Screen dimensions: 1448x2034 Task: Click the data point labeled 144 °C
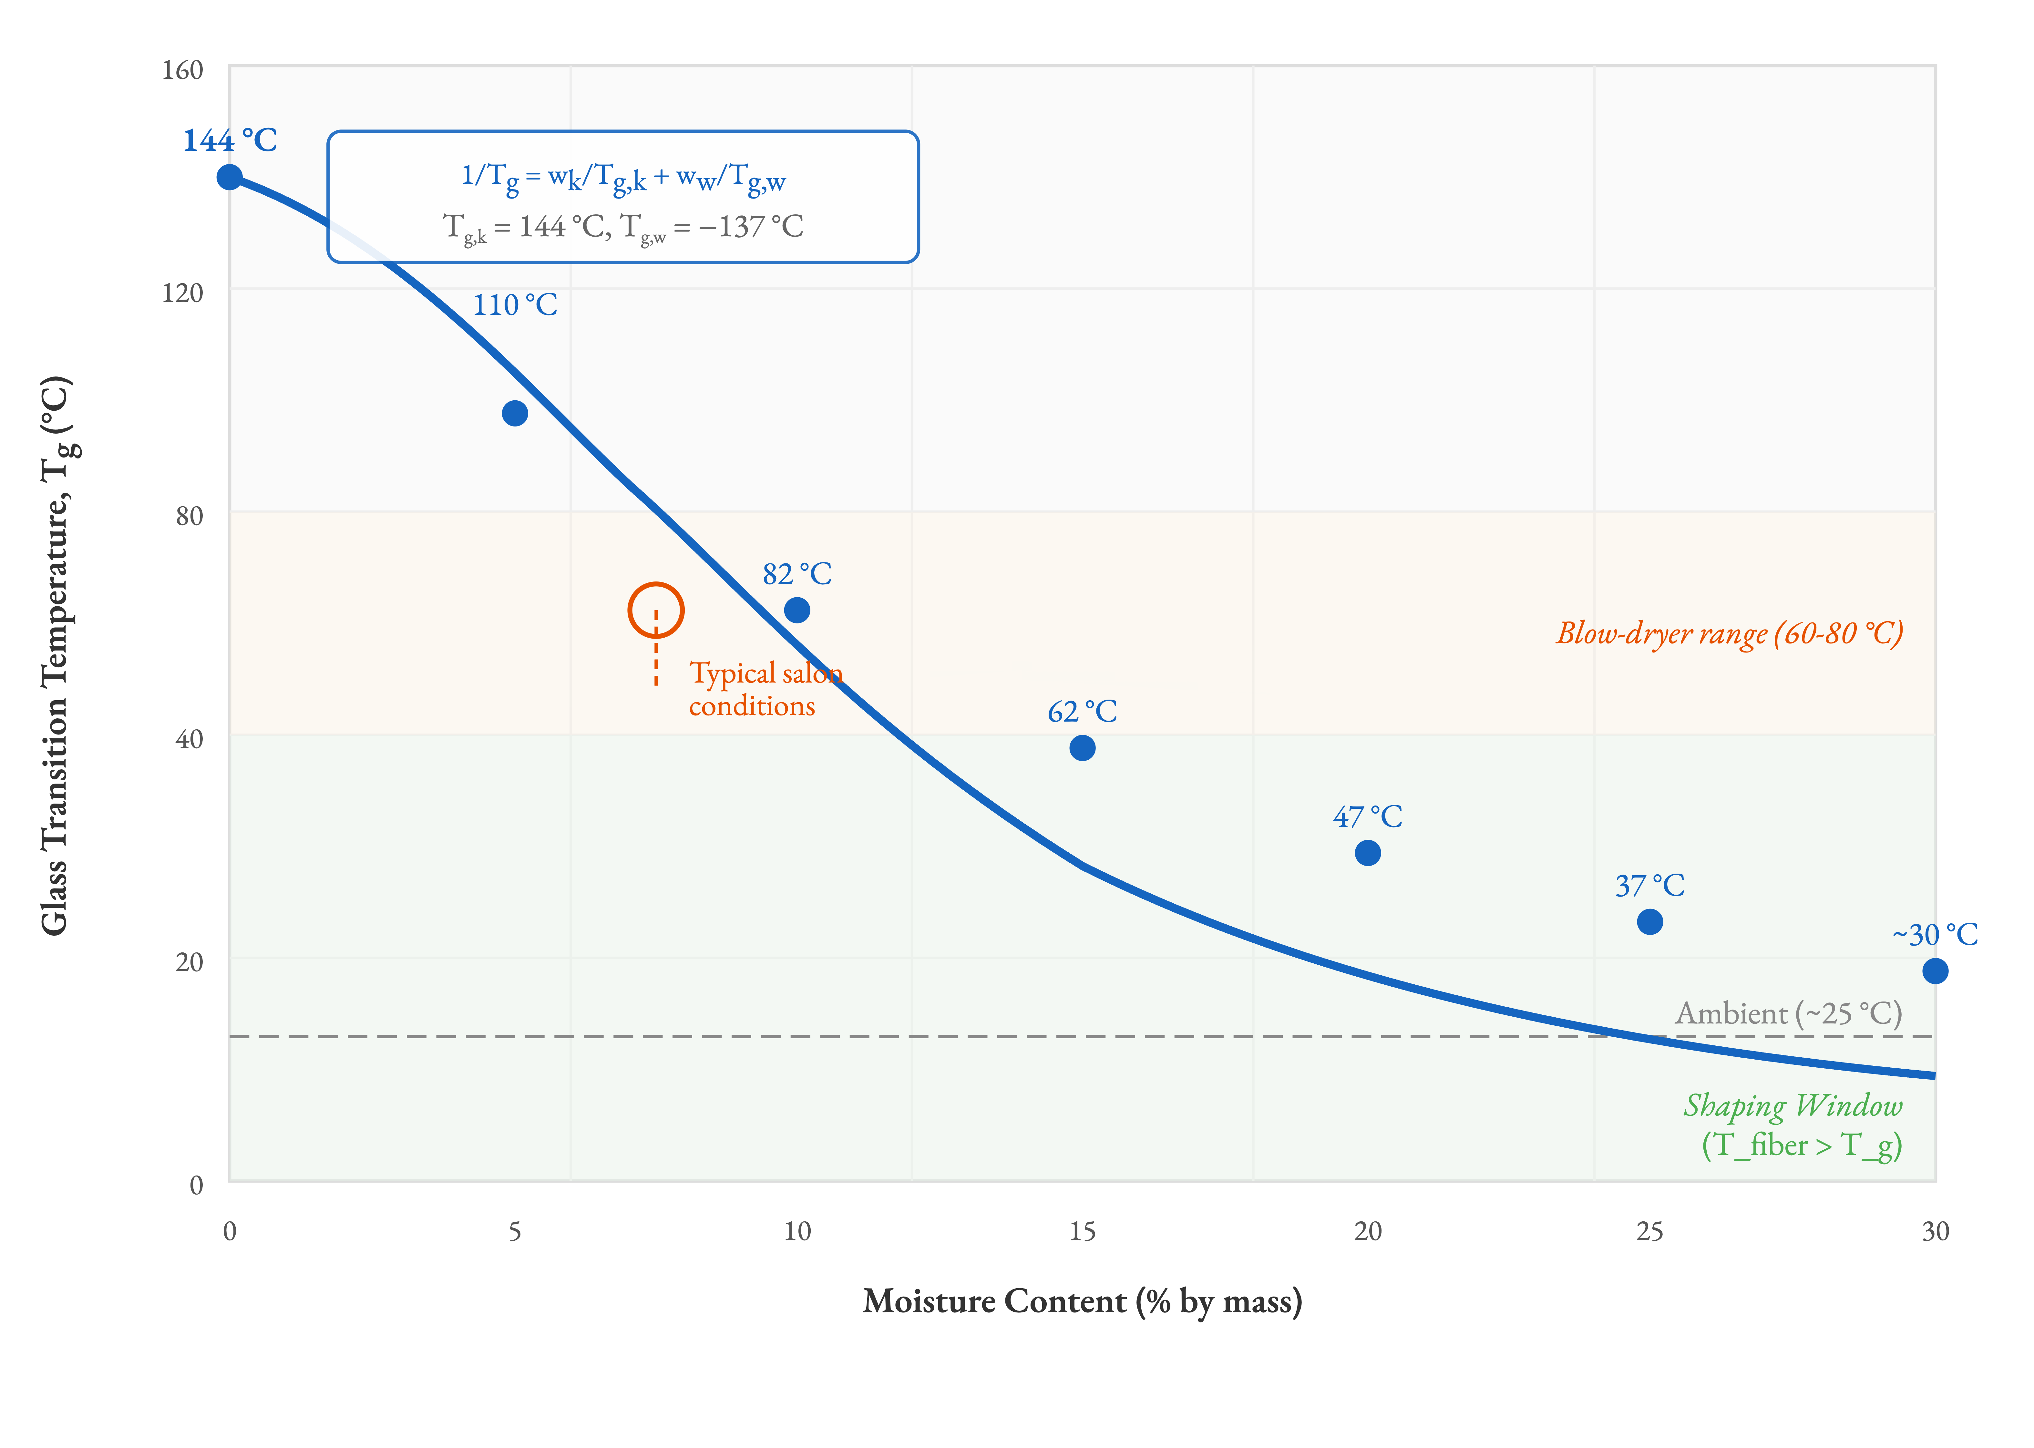point(229,178)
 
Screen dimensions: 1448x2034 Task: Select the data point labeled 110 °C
point(515,413)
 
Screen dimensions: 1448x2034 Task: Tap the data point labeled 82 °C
point(796,610)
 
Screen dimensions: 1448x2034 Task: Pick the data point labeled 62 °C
point(1082,748)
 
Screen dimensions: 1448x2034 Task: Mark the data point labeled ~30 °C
point(1934,971)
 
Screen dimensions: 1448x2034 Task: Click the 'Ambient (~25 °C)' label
point(1788,1014)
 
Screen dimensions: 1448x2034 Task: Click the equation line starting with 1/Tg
point(622,178)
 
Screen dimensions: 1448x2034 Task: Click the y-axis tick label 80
point(189,515)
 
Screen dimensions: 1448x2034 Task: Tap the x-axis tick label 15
point(1082,1231)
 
